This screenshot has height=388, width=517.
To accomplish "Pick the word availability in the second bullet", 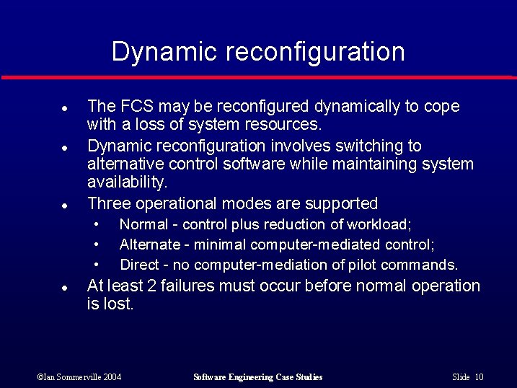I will click(x=126, y=182).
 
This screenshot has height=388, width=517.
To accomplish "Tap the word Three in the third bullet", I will click(x=107, y=203).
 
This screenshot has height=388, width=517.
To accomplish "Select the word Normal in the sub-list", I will click(x=140, y=225).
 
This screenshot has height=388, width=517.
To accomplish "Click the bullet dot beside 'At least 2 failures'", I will click(x=64, y=287).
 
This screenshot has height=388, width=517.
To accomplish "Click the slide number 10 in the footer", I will click(x=480, y=377).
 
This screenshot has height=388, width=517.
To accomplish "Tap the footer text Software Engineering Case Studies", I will click(x=258, y=377).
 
